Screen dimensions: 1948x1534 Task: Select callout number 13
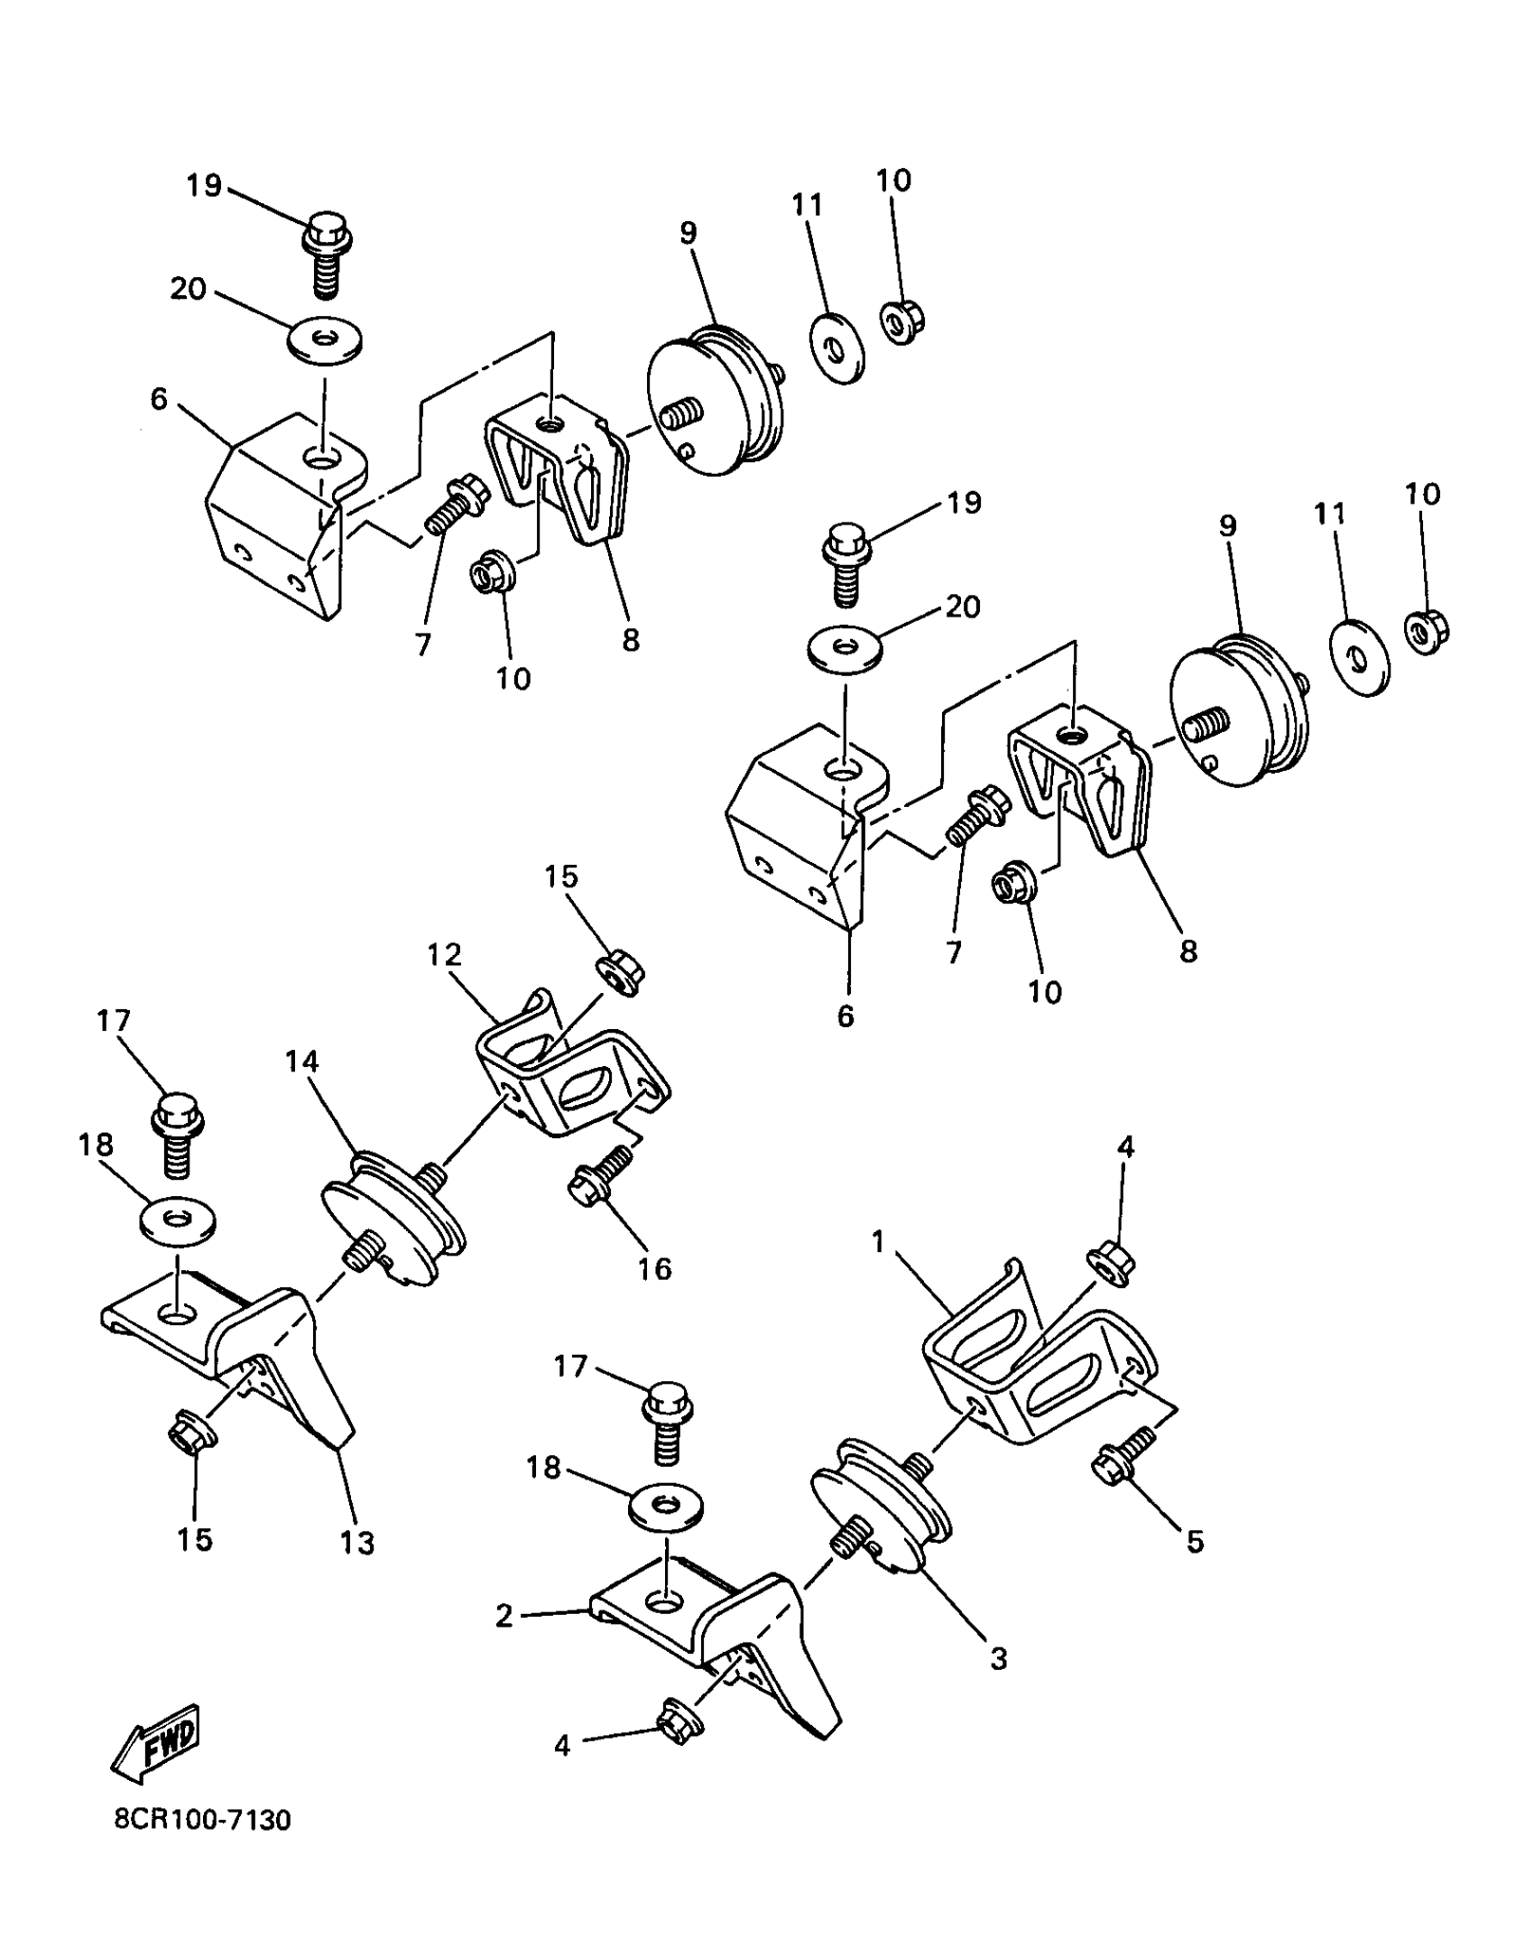(x=357, y=1543)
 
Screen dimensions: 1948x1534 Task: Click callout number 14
(x=302, y=1062)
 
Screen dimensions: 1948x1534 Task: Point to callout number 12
(x=444, y=955)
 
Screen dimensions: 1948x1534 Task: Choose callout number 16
(x=654, y=1269)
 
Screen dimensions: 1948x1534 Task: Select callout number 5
(x=1195, y=1542)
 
